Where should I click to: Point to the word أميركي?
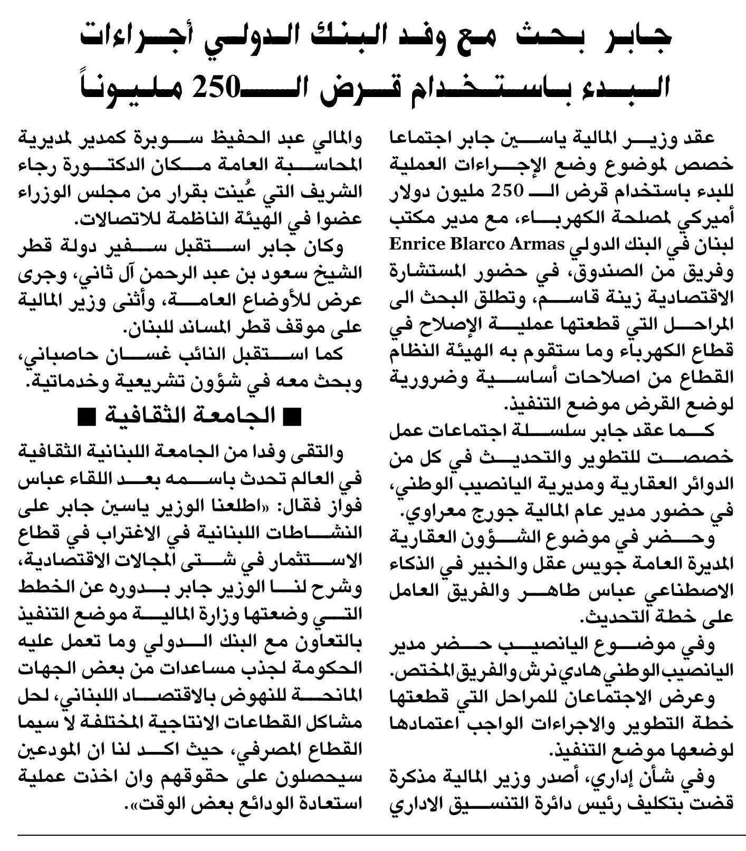tap(708, 219)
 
